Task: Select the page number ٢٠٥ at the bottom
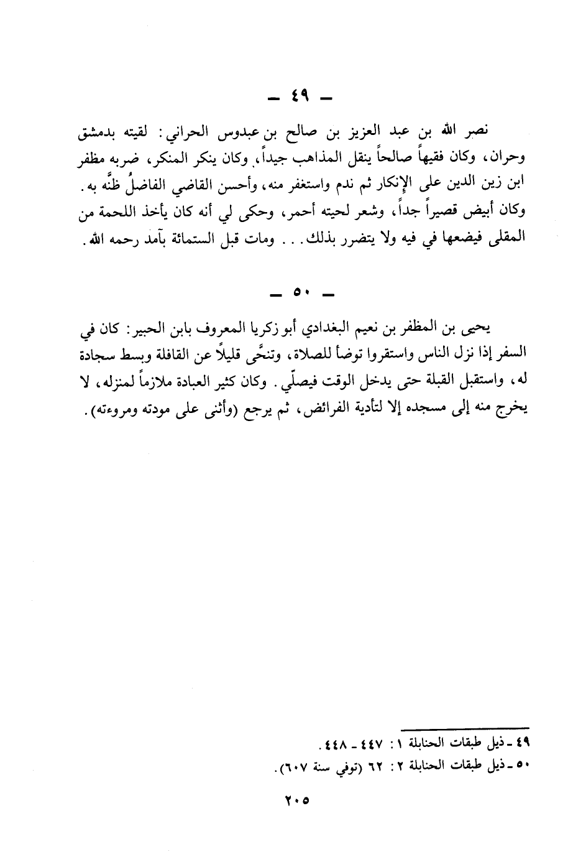[293, 800]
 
